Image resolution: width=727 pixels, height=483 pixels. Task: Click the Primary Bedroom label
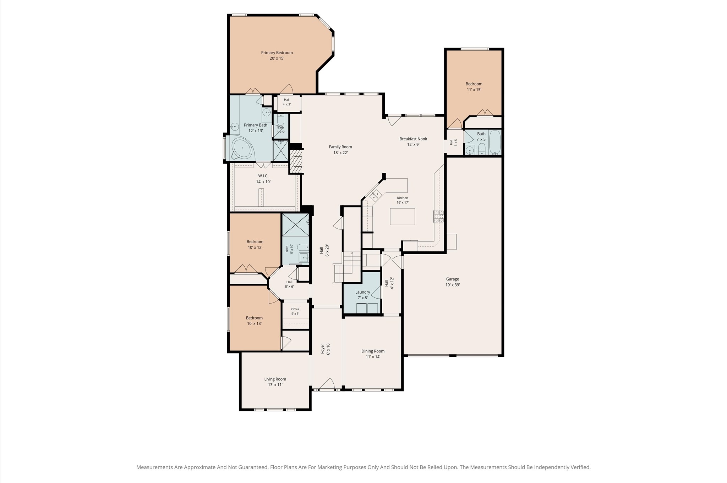pyautogui.click(x=277, y=53)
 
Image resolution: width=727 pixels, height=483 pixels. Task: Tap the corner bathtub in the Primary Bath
pyautogui.click(x=242, y=148)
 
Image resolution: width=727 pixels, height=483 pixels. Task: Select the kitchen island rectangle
pyautogui.click(x=402, y=216)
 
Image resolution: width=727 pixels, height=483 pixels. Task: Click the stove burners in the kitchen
pyautogui.click(x=438, y=216)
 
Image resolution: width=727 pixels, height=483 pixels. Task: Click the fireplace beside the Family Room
pyautogui.click(x=296, y=161)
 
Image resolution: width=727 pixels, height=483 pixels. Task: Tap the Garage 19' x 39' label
pyautogui.click(x=453, y=282)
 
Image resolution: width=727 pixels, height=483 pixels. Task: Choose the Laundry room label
pyautogui.click(x=363, y=292)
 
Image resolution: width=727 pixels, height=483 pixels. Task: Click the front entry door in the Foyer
pyautogui.click(x=327, y=384)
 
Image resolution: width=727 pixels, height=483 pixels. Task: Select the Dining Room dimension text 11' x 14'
pyautogui.click(x=373, y=357)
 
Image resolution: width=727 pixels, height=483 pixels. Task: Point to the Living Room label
pyautogui.click(x=275, y=379)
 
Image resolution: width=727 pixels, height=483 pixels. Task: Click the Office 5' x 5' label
pyautogui.click(x=295, y=311)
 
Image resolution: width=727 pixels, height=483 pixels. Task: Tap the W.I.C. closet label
pyautogui.click(x=263, y=176)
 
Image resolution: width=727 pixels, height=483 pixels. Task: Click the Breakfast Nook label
pyautogui.click(x=413, y=139)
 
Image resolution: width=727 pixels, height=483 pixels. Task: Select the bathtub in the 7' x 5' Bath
pyautogui.click(x=495, y=142)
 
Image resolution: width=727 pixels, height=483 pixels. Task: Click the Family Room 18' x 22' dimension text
pyautogui.click(x=340, y=153)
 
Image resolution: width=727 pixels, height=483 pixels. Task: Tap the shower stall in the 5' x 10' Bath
pyautogui.click(x=295, y=225)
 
